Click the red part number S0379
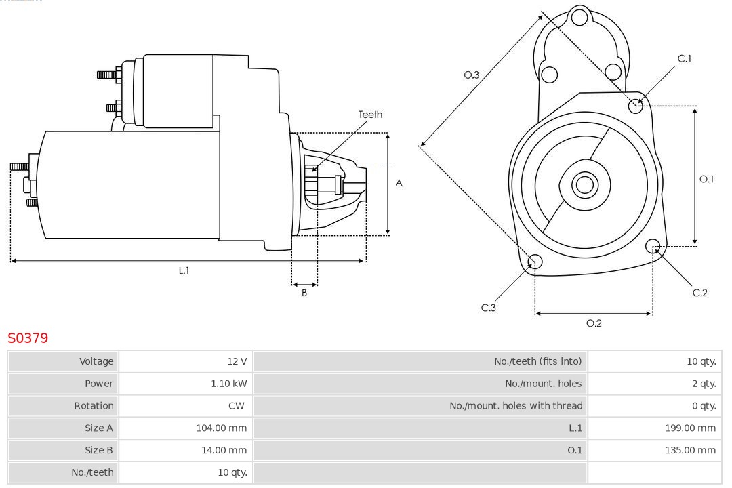pyautogui.click(x=28, y=338)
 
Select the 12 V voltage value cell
pyautogui.click(x=237, y=361)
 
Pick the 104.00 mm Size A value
pyautogui.click(x=221, y=428)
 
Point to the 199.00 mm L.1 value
pyautogui.click(x=690, y=428)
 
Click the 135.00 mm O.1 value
pyautogui.click(x=690, y=451)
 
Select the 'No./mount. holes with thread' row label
pyautogui.click(x=516, y=406)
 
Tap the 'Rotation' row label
pyautogui.click(x=94, y=406)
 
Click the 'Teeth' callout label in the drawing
pyautogui.click(x=370, y=115)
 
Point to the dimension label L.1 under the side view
pyautogui.click(x=184, y=270)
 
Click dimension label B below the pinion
pyautogui.click(x=304, y=293)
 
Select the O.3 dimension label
pyautogui.click(x=471, y=75)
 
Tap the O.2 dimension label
pyautogui.click(x=594, y=323)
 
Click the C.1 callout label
pyautogui.click(x=685, y=59)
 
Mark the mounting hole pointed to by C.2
pyautogui.click(x=653, y=245)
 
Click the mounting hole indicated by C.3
pyautogui.click(x=535, y=262)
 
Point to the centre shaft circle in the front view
pyautogui.click(x=584, y=184)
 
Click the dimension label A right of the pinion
pyautogui.click(x=399, y=183)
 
